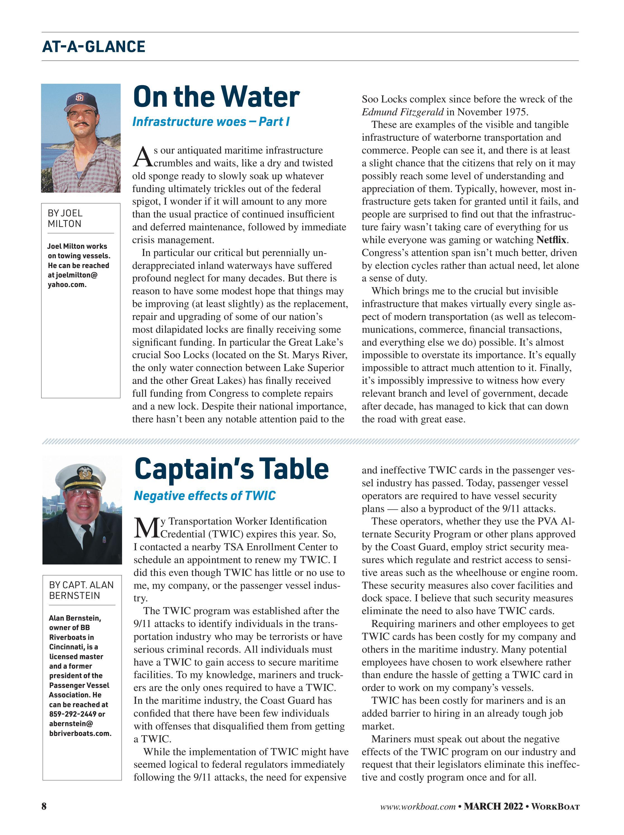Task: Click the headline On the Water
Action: click(x=216, y=97)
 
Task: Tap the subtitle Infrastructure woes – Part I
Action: click(x=211, y=121)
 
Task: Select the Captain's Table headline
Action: click(x=231, y=468)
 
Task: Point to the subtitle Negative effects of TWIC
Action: click(x=205, y=496)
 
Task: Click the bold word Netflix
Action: click(x=551, y=240)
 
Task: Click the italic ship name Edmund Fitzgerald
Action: click(x=402, y=112)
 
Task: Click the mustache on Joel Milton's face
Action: click(x=81, y=123)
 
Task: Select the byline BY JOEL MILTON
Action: click(x=65, y=219)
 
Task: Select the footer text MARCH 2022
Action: click(x=493, y=807)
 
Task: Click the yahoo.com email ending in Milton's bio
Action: click(x=67, y=285)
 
